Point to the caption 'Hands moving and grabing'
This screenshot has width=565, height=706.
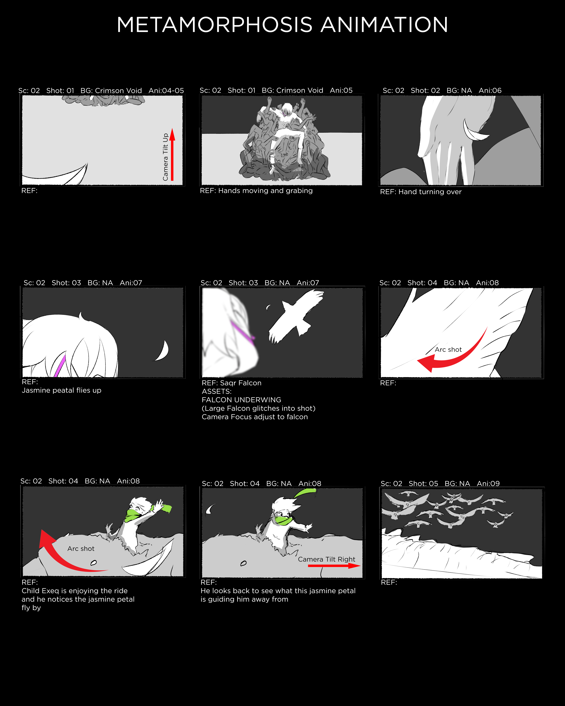265,191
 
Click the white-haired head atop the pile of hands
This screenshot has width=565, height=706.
286,109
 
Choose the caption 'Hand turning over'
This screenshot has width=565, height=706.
430,192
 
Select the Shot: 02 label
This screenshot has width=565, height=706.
425,91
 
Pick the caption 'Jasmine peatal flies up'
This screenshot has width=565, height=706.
62,390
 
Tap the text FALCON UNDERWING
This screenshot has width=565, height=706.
241,400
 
